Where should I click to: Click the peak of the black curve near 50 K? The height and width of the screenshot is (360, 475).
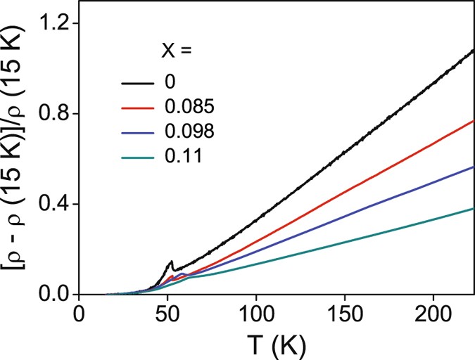point(171,262)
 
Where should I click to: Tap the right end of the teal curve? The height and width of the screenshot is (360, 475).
point(474,208)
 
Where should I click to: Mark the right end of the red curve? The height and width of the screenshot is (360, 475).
point(474,121)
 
